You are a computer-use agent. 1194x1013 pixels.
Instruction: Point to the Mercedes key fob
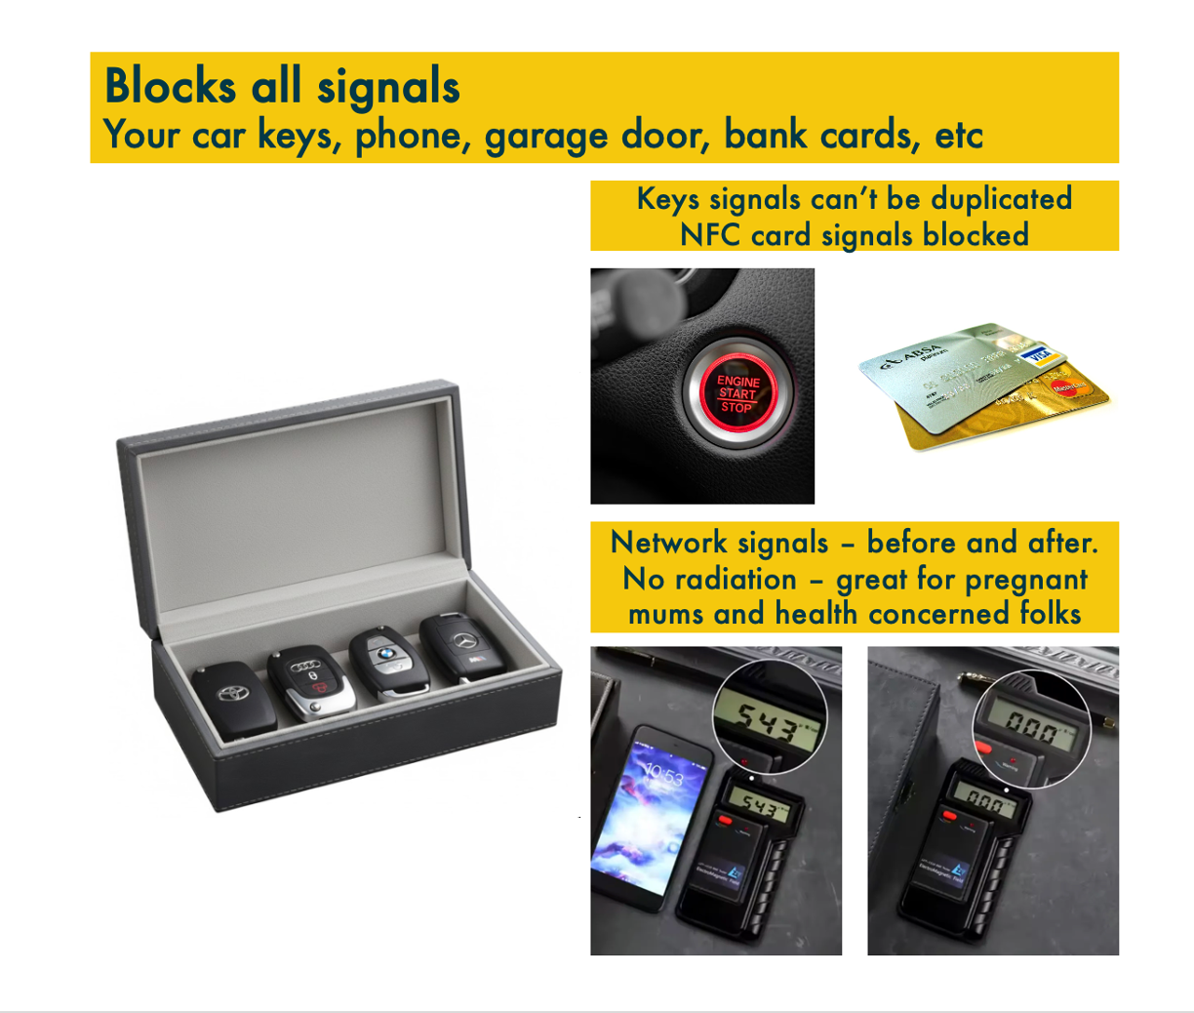pyautogui.click(x=463, y=648)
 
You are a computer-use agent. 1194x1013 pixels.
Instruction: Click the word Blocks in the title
pyautogui.click(x=170, y=86)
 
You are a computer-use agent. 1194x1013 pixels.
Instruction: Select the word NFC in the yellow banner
pyautogui.click(x=711, y=235)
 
